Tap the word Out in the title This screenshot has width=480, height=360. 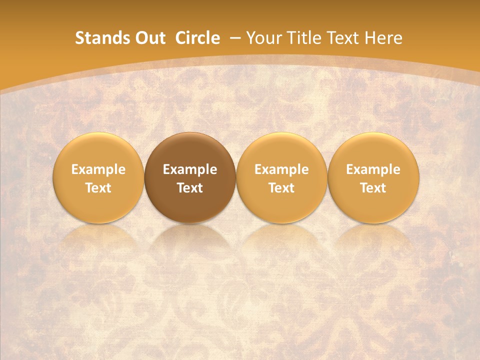click(x=149, y=38)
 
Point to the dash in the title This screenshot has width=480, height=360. click(x=234, y=38)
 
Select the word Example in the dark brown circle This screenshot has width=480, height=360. click(x=190, y=169)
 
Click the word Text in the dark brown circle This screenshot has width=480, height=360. click(x=190, y=188)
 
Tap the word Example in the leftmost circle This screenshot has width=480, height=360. click(x=98, y=169)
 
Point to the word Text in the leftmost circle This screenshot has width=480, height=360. click(x=98, y=188)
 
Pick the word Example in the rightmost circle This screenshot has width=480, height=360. click(x=373, y=169)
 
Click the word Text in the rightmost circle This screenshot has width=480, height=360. click(x=373, y=188)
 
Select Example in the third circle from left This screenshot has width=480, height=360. click(x=281, y=169)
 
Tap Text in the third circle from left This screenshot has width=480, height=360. click(x=281, y=188)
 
